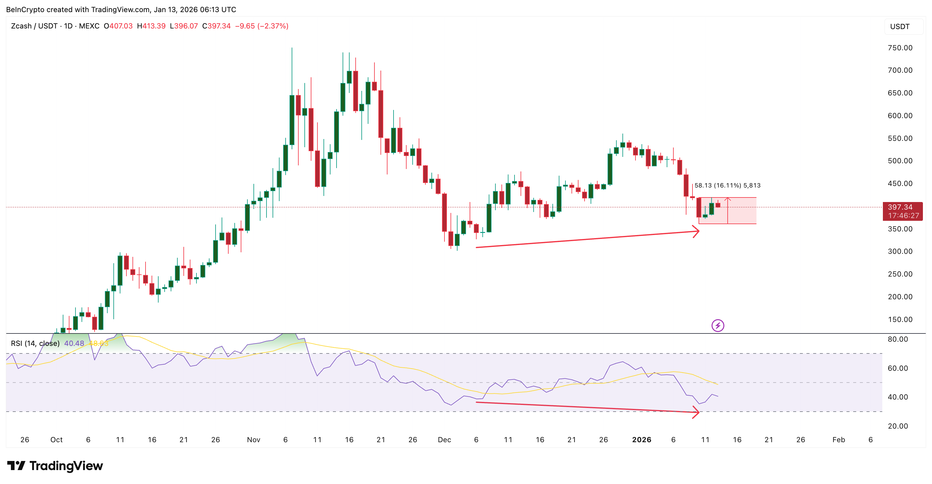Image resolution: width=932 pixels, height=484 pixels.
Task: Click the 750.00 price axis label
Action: pyautogui.click(x=900, y=48)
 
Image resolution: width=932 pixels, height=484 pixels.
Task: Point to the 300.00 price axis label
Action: pyautogui.click(x=900, y=251)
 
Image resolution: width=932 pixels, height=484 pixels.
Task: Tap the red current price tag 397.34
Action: pyautogui.click(x=902, y=207)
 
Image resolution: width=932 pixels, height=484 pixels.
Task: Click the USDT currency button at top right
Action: pyautogui.click(x=900, y=26)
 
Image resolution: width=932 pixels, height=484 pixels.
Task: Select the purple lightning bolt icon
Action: pyautogui.click(x=717, y=325)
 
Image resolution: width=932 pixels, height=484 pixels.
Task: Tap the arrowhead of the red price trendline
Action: pyautogui.click(x=696, y=231)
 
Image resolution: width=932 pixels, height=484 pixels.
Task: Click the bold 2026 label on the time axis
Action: pyautogui.click(x=642, y=439)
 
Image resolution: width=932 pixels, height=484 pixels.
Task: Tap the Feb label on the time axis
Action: pyautogui.click(x=838, y=439)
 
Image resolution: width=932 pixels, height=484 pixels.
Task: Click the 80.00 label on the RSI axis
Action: pyautogui.click(x=898, y=339)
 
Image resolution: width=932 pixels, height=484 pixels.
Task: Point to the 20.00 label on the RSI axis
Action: pyautogui.click(x=898, y=426)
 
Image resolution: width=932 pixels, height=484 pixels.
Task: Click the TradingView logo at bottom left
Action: pyautogui.click(x=55, y=466)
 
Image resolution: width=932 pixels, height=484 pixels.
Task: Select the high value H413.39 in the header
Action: pyautogui.click(x=151, y=26)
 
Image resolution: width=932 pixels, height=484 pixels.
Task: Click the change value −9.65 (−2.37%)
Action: pyautogui.click(x=262, y=26)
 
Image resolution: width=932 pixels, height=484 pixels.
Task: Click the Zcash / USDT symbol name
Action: pyautogui.click(x=34, y=26)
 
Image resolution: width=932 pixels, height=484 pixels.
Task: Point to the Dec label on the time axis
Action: pyautogui.click(x=444, y=439)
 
